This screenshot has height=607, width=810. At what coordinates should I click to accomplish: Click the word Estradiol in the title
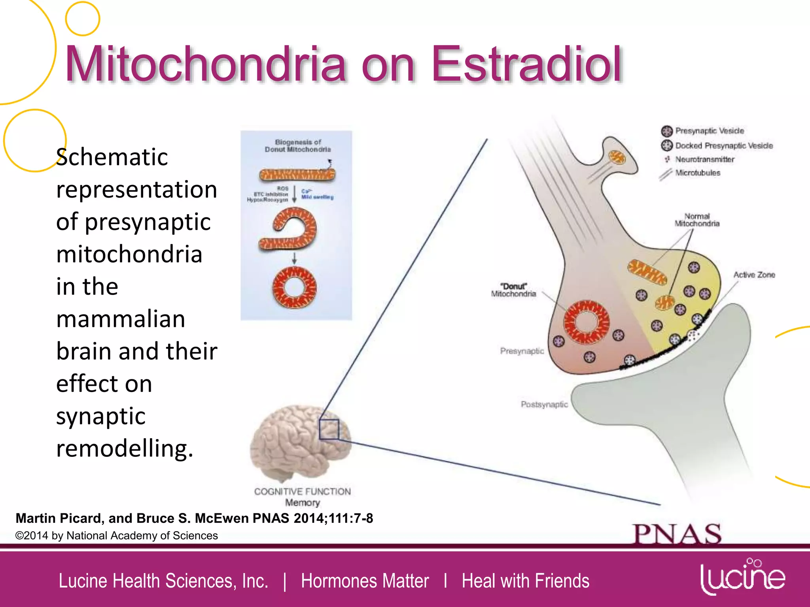pos(526,64)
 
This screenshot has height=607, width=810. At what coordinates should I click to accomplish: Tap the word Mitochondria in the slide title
pos(206,64)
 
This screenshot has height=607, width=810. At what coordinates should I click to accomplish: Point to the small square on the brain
pos(329,429)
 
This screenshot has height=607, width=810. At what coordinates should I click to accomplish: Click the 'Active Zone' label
pos(754,275)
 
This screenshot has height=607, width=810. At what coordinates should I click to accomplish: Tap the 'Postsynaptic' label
pos(544,404)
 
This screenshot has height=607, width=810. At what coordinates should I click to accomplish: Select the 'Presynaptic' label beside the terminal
pos(522,351)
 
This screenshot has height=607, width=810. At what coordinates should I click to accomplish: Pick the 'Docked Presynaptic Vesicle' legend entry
pos(723,145)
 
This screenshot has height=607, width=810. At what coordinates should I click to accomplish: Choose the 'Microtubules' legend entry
pos(697,173)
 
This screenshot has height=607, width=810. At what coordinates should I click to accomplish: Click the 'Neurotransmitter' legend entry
pos(704,159)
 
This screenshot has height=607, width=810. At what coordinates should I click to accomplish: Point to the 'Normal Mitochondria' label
pos(697,220)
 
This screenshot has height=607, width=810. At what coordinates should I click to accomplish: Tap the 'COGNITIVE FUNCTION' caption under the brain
pos(302,492)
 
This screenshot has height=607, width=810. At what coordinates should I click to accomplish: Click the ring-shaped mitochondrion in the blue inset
pos(294,288)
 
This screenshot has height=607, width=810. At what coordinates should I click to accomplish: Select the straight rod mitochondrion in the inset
pos(297,174)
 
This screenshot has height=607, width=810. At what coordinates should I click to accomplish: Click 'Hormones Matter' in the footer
pos(365,581)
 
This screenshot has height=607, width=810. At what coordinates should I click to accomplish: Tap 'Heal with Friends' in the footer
pos(525,581)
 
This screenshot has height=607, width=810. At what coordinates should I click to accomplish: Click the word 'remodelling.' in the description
pos(125,449)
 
